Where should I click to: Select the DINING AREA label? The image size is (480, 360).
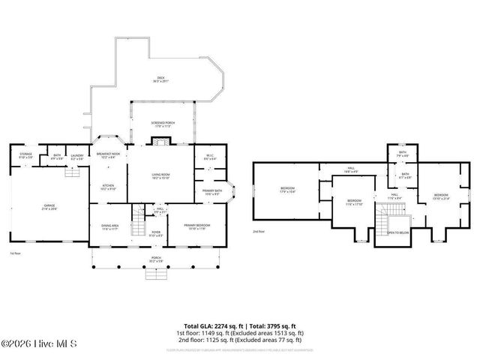click(x=110, y=227)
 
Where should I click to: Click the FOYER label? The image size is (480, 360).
click(x=156, y=233)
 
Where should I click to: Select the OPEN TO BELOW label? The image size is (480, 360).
click(x=397, y=232)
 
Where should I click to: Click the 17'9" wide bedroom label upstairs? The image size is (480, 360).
click(x=287, y=189)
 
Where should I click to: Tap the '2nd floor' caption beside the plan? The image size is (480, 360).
click(x=259, y=232)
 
